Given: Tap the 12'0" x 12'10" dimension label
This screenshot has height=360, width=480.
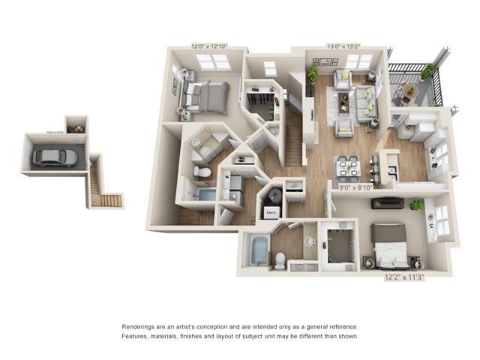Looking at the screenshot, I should pos(208,46).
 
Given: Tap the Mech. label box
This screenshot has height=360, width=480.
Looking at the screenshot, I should pos(270,214).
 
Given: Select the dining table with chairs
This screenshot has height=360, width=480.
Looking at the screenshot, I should pos(347,167).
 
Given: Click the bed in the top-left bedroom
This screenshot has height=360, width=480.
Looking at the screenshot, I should pos(204,96).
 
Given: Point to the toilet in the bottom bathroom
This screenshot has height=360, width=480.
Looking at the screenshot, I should pos(279,259).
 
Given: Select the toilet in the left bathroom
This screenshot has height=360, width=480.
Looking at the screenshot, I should pos(201,172).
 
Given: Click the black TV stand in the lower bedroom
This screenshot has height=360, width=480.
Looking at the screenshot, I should pos(387,203).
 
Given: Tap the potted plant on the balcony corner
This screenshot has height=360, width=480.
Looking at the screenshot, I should pos(427,71).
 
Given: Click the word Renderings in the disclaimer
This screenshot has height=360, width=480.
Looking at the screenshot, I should pos(139,327).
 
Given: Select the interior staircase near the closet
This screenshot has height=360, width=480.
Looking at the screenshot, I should pos(294,139).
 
